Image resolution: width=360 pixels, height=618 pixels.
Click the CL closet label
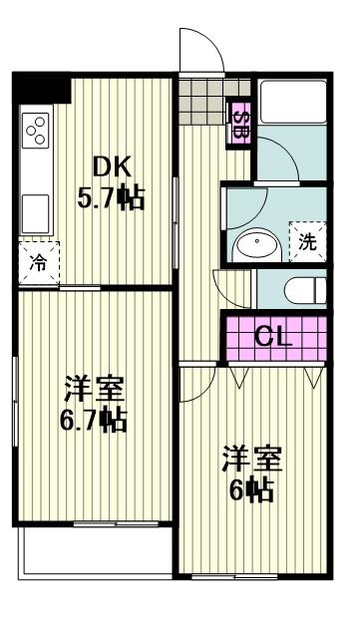click(x=273, y=337)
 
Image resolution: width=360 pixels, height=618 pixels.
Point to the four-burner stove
click(x=38, y=130)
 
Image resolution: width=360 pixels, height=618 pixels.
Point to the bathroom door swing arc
click(x=280, y=159)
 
